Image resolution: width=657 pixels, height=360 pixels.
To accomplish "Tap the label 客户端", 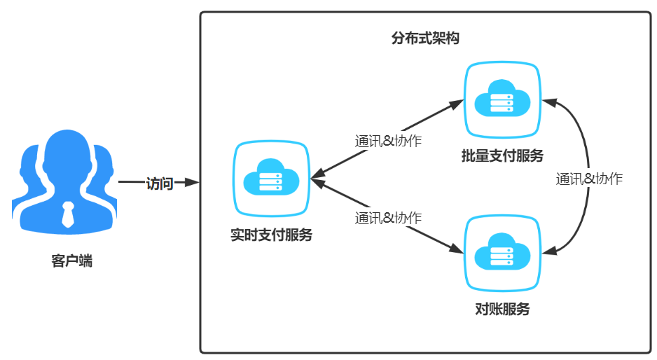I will coord(71,262).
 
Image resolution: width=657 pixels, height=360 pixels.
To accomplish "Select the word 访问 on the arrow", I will coord(159,184).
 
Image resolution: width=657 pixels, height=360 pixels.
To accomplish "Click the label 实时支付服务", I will coord(271,235).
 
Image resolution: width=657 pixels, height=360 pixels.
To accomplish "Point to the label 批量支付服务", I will coord(502,155).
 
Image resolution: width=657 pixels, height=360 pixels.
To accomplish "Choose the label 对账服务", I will coord(502,310).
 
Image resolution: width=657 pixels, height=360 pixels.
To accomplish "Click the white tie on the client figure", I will coord(68,214).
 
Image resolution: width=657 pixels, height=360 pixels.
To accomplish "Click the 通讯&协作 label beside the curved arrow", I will coord(589,179).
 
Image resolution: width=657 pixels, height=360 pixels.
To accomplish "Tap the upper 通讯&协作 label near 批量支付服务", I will coord(388,141).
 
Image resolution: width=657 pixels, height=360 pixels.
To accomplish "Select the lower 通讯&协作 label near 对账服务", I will coord(388,218).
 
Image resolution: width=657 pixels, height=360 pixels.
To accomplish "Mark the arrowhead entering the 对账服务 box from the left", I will coord(457,247).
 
